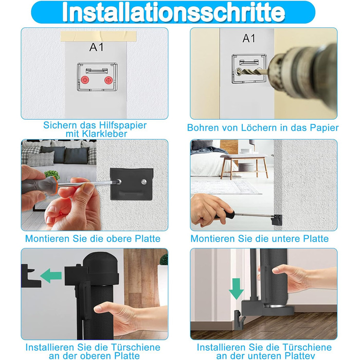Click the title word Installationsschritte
[173, 12]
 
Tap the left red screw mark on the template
[85, 80]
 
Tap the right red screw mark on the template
[109, 80]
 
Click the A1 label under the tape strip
[97, 47]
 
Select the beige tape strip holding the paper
[99, 37]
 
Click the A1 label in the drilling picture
[249, 39]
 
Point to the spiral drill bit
[251, 72]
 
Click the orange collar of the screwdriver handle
[53, 186]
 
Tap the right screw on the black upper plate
[144, 182]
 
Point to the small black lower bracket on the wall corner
[277, 220]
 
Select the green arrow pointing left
[51, 276]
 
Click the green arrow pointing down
[236, 289]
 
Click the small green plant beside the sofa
[52, 175]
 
